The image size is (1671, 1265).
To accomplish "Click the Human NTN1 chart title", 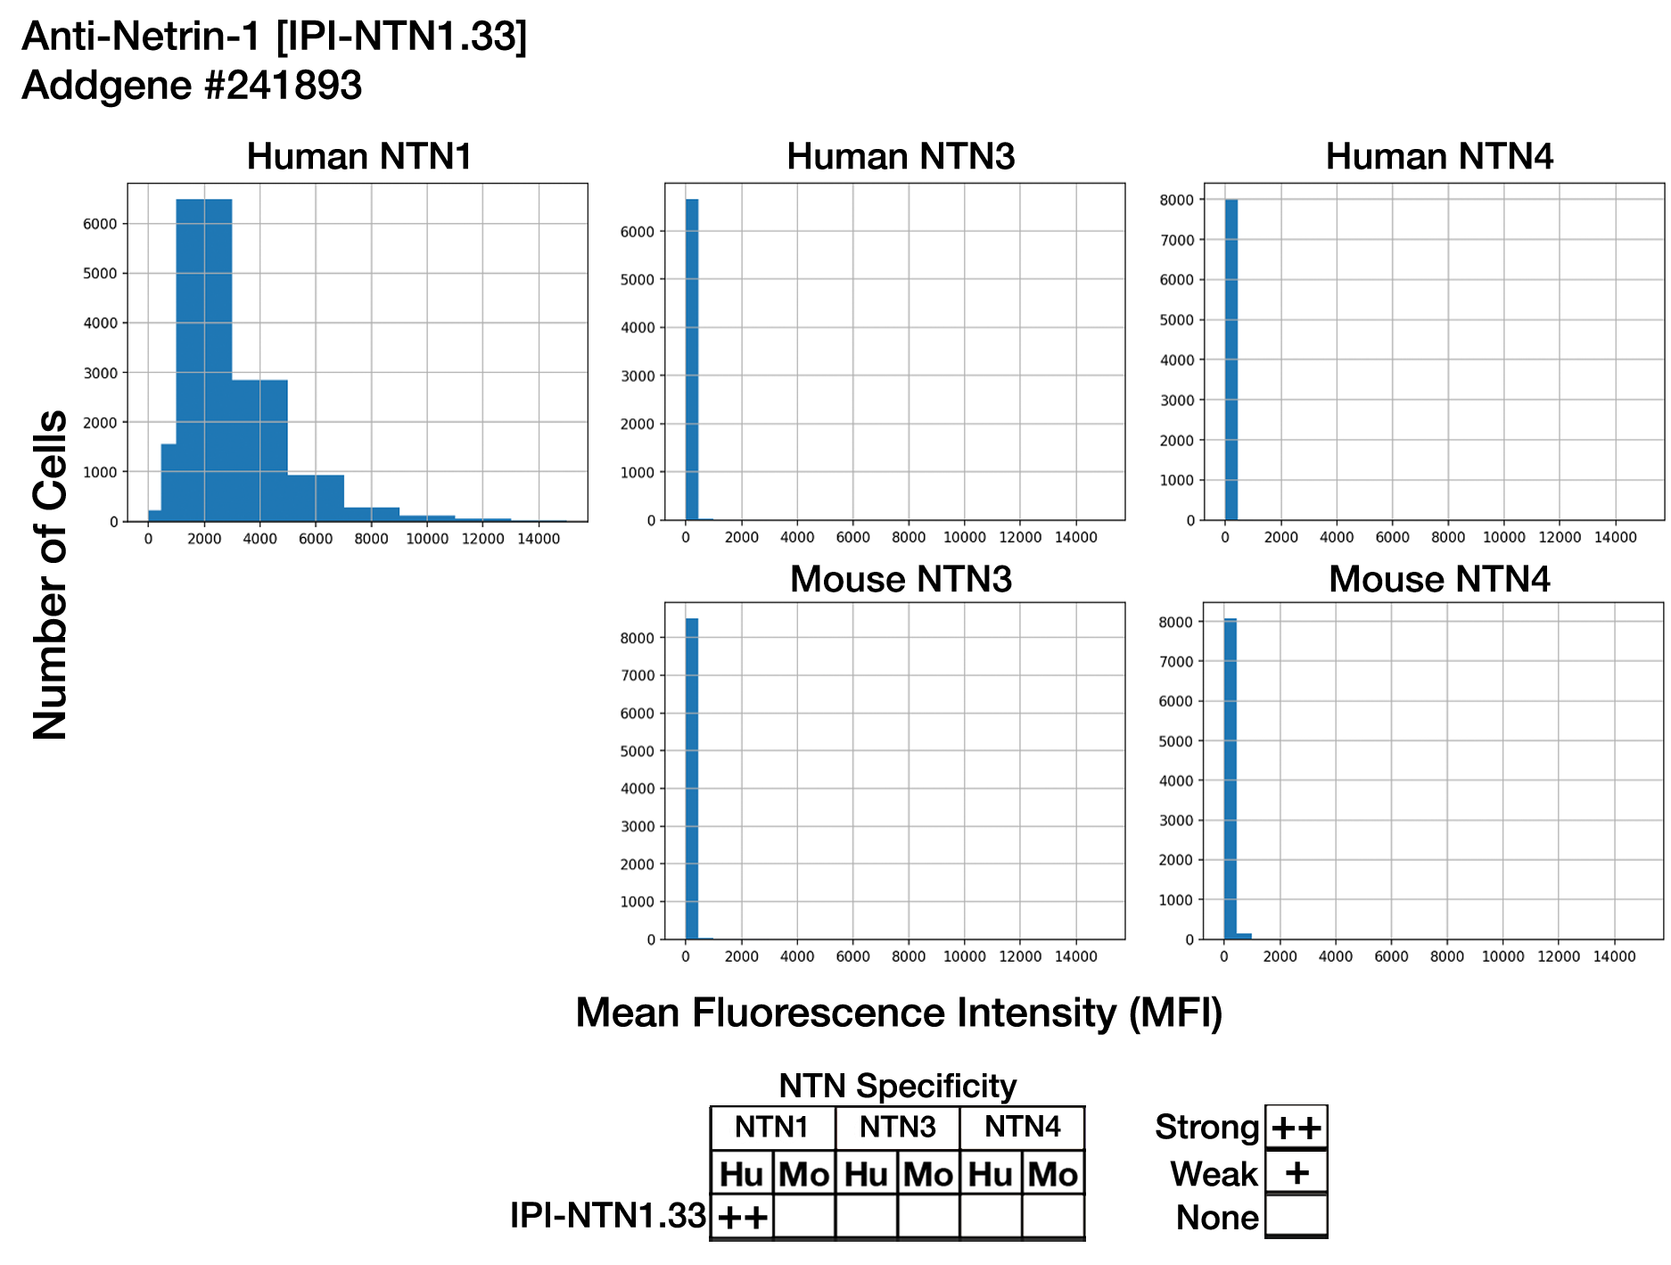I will click(x=358, y=157).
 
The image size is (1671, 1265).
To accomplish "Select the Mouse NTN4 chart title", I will click(x=1438, y=579).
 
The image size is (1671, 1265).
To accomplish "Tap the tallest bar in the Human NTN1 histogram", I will click(x=204, y=357).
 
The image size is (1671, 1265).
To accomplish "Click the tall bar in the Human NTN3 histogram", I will click(x=691, y=357).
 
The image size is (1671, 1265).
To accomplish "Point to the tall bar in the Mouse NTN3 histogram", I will click(x=691, y=776).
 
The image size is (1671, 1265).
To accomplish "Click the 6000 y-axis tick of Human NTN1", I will click(x=100, y=224).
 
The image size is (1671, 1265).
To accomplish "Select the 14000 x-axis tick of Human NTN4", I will click(x=1615, y=537).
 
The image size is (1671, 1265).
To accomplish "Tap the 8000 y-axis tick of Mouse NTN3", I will click(x=637, y=638).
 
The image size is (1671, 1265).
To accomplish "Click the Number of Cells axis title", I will click(x=50, y=575).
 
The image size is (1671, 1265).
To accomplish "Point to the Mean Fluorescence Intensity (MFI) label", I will click(x=899, y=1013).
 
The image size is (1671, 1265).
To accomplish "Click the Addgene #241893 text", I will click(x=192, y=86).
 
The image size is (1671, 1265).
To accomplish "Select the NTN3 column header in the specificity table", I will click(x=897, y=1128).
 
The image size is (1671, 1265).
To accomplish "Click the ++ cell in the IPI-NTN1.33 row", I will click(x=743, y=1217).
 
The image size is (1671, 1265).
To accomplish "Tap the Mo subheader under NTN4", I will click(x=1052, y=1174).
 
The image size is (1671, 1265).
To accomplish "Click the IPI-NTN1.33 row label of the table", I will click(x=607, y=1215).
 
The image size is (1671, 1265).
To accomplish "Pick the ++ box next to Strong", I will click(x=1296, y=1128).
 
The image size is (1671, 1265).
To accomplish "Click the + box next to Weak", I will click(x=1296, y=1172).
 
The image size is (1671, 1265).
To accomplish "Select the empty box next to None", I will click(x=1296, y=1215).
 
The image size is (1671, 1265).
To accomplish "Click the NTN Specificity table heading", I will click(x=897, y=1086).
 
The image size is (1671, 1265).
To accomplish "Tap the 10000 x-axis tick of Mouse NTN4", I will click(x=1502, y=956).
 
